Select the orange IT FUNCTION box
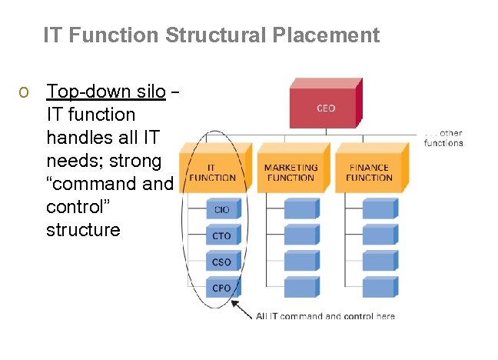point(213,172)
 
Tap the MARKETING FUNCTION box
point(291,172)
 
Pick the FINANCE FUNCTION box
point(369,172)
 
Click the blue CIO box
point(222,209)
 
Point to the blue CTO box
point(222,235)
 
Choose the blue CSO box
point(222,262)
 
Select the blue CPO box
point(222,288)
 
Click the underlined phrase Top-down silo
point(106,92)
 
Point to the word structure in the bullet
point(83,230)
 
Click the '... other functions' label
point(443,138)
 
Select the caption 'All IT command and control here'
point(325,316)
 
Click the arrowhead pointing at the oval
point(234,306)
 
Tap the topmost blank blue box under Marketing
point(300,208)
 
